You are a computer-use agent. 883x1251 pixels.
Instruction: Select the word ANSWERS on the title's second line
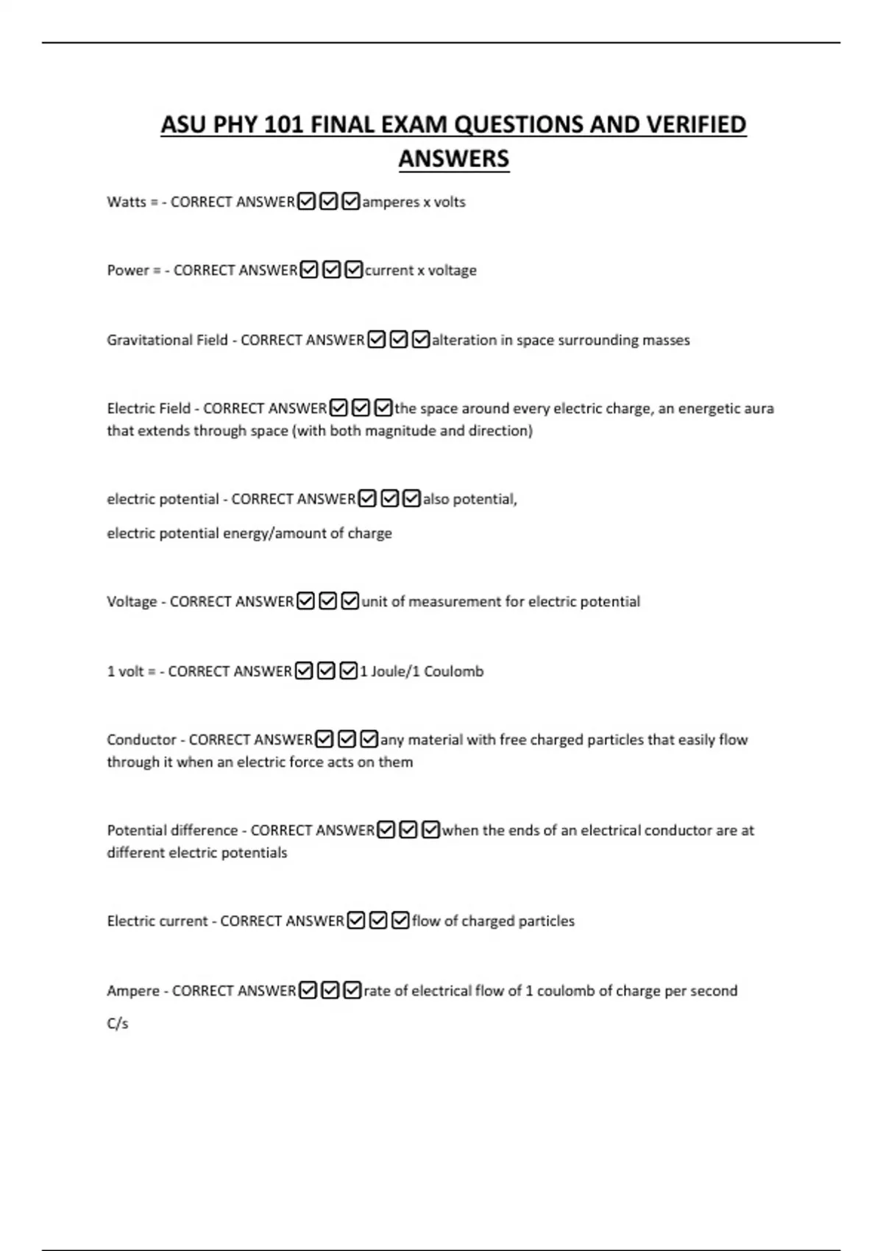[453, 158]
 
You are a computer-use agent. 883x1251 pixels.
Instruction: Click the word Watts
[127, 202]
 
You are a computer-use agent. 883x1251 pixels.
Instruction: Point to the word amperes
[390, 202]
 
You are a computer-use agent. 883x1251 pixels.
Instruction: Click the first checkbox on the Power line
[309, 270]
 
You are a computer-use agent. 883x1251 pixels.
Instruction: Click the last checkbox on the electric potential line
[412, 499]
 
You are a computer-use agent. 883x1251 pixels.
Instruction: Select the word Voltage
[132, 601]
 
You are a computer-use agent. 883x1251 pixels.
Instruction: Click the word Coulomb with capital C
[453, 671]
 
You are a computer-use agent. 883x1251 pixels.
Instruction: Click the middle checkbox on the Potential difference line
[408, 830]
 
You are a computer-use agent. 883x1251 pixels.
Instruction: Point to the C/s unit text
[118, 1024]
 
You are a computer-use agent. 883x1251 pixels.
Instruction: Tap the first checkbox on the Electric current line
[356, 921]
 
